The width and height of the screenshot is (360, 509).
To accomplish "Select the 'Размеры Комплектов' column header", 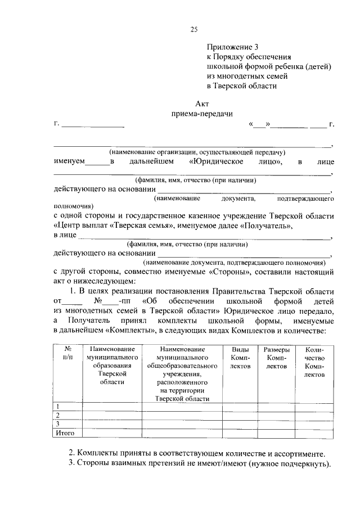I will coord(276,357).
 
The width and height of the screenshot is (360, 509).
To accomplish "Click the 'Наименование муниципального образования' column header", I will coord(110,365).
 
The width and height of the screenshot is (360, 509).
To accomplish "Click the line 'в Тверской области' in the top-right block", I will coord(241,86).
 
